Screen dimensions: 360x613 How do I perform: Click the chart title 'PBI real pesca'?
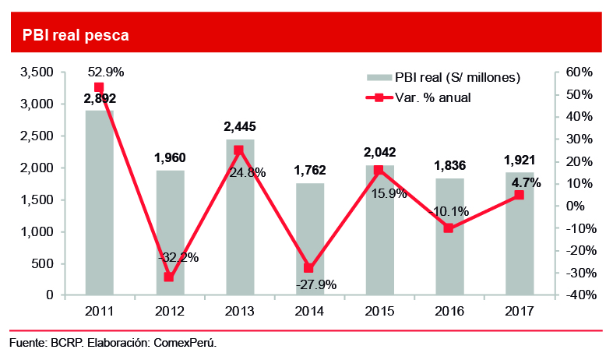coord(76,36)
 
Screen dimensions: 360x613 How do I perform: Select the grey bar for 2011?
coord(99,203)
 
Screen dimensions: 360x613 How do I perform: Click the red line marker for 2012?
coord(169,277)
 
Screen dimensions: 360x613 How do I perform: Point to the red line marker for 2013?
coord(238,150)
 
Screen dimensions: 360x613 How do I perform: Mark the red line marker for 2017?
coord(519,195)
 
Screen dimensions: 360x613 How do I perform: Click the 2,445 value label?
coord(239,126)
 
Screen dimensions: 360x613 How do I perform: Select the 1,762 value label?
coord(309,170)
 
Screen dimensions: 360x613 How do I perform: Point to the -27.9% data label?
coord(315,285)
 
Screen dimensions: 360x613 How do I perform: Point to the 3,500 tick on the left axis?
coord(37,72)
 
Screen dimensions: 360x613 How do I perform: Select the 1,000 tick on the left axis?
coord(37,231)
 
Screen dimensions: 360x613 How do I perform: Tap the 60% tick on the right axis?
coord(580,72)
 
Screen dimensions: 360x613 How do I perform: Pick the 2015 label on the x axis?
coord(379,311)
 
